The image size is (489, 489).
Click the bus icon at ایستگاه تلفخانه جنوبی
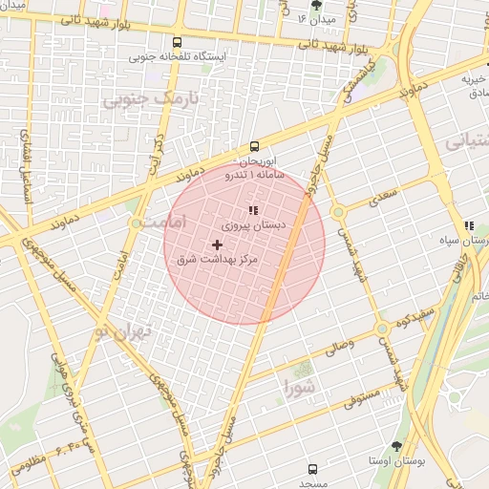click(x=177, y=42)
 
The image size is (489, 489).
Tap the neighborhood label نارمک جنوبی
click(x=140, y=98)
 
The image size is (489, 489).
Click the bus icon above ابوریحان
click(x=254, y=146)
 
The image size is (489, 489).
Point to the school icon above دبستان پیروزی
click(x=253, y=210)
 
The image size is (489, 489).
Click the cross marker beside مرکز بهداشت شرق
click(x=216, y=245)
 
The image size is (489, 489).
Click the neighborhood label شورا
click(x=299, y=387)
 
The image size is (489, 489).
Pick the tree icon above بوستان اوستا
click(x=396, y=446)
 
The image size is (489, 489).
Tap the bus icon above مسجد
click(x=312, y=469)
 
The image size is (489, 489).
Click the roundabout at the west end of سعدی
click(x=338, y=212)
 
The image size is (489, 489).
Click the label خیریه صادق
click(x=475, y=87)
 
